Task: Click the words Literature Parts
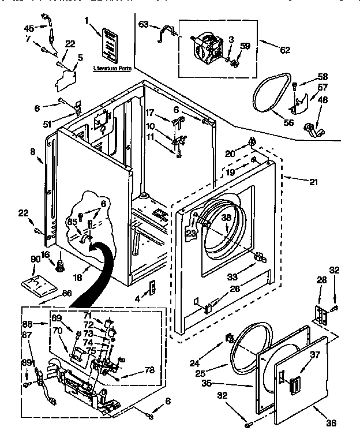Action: coord(111,68)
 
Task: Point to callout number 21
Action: coord(313,182)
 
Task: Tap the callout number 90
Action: coord(36,260)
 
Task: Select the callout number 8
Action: coord(33,152)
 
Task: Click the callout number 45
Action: coord(29,29)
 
